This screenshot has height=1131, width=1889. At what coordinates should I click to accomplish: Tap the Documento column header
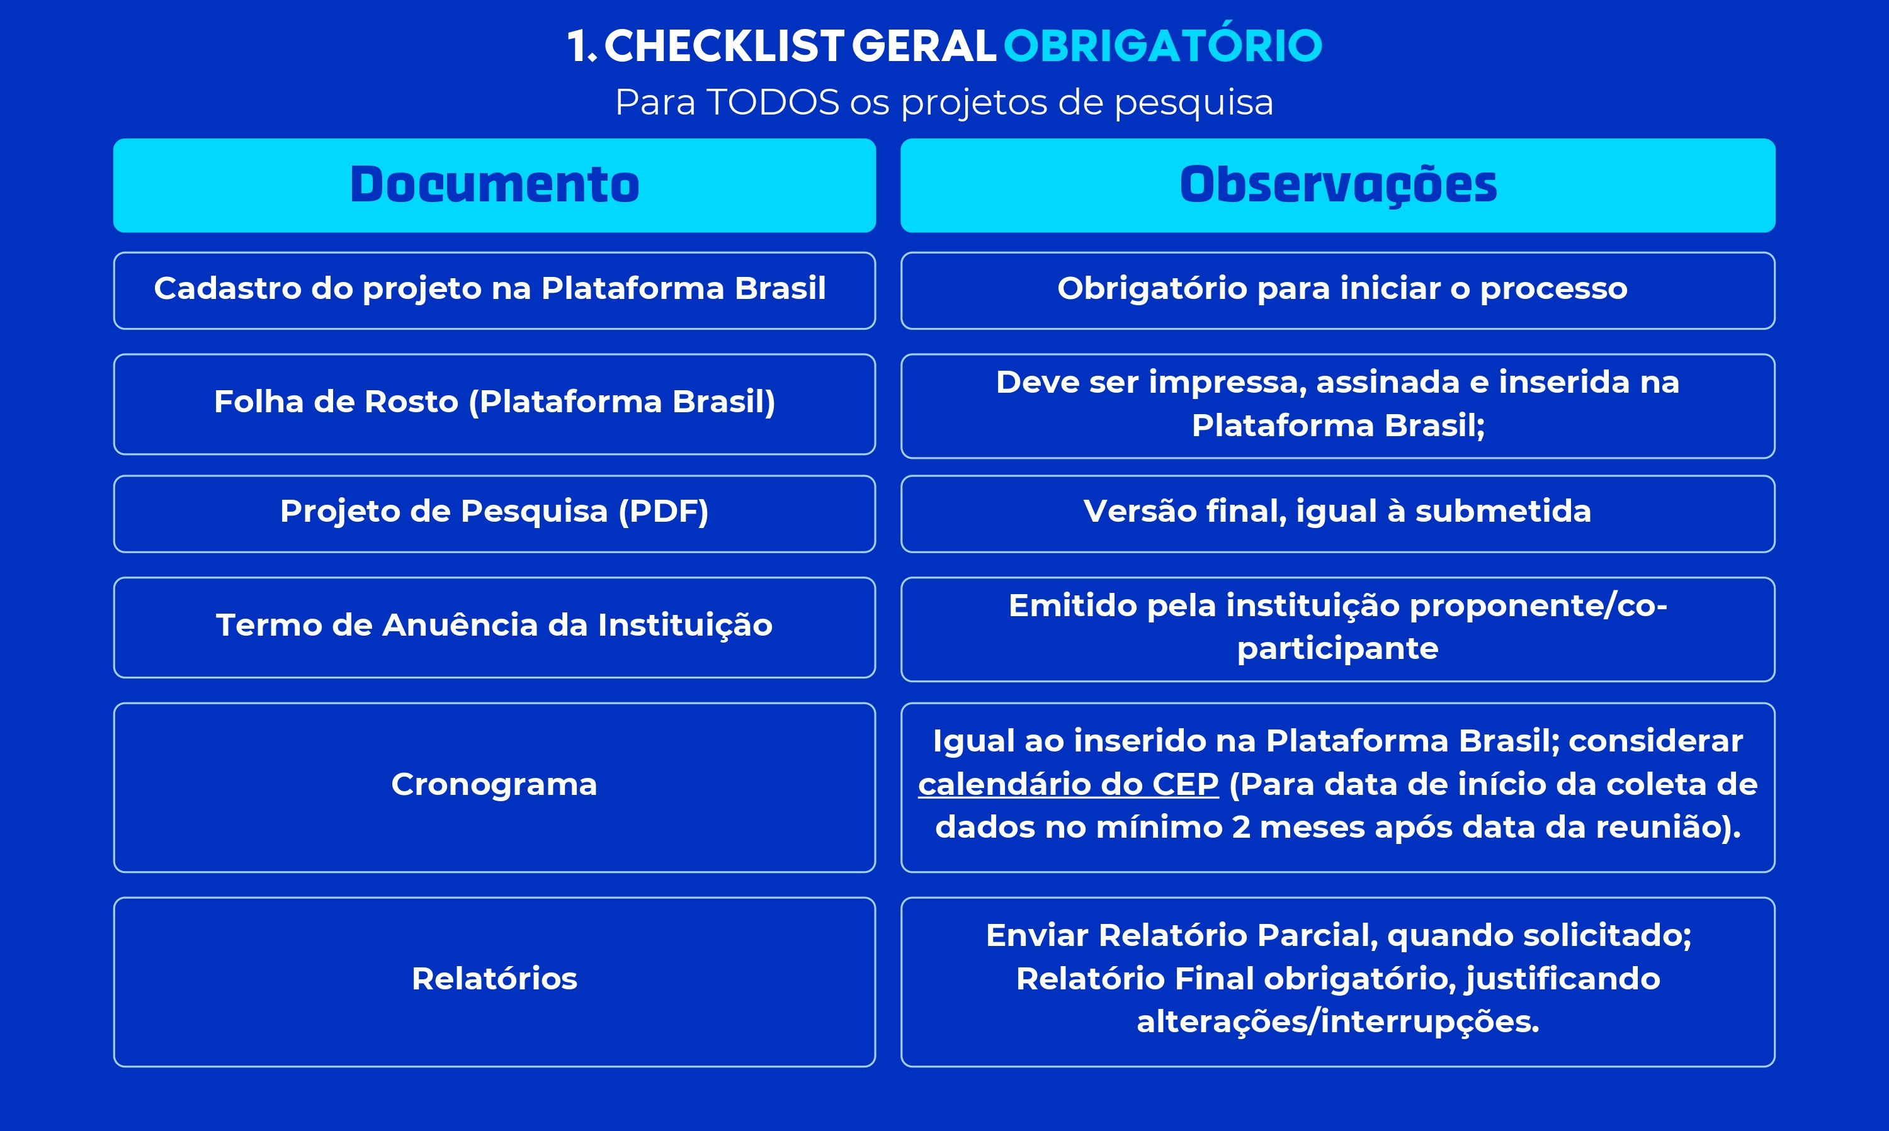[x=495, y=185]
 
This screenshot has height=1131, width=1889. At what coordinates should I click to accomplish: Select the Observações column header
[x=1338, y=185]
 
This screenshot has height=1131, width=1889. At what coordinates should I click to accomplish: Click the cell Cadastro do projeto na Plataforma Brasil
[x=495, y=290]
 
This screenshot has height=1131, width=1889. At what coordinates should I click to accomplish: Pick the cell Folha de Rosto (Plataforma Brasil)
[x=495, y=404]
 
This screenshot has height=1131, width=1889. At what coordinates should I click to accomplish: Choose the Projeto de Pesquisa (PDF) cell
[x=495, y=514]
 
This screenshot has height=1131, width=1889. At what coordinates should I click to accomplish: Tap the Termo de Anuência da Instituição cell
[x=495, y=627]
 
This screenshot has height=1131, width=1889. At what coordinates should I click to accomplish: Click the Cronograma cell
[x=495, y=787]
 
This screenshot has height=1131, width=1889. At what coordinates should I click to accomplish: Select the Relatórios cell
[x=495, y=982]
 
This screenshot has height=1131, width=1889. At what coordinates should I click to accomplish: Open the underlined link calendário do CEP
[x=1068, y=784]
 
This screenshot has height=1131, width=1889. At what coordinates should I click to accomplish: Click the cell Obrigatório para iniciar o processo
[x=1338, y=290]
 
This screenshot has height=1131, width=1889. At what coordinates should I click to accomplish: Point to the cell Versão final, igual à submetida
[x=1338, y=514]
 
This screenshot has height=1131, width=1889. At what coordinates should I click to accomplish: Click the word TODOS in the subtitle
[x=773, y=102]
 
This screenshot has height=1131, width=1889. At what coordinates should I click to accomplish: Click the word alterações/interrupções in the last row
[x=1338, y=1022]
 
